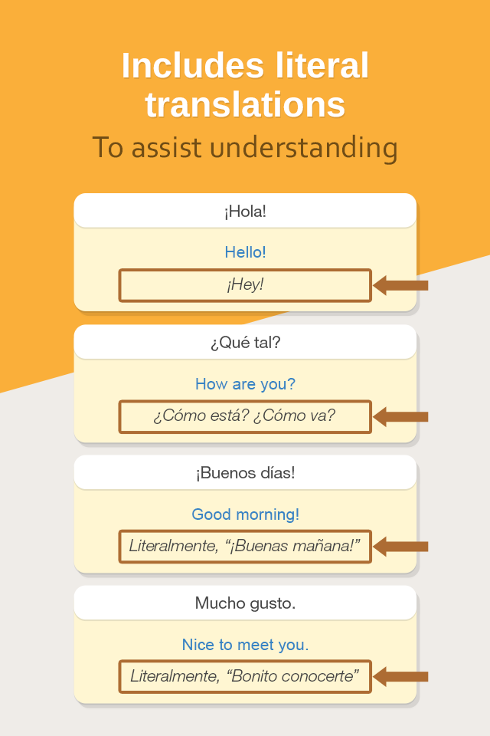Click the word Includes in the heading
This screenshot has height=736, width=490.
193,65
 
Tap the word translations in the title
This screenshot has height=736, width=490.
245,104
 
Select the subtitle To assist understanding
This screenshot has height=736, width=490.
245,147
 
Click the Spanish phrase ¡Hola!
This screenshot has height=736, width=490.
245,212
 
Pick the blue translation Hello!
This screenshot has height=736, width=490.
245,252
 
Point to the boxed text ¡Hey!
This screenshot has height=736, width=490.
245,284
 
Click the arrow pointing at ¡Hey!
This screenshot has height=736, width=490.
400,285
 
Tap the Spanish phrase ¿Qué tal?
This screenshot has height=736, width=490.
245,342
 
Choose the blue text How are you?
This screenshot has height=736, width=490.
245,384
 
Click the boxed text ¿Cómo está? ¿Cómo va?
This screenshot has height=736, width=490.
245,416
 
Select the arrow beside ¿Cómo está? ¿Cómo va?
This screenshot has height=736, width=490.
400,417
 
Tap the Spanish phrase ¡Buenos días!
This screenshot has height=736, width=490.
245,473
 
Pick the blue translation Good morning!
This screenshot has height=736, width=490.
245,514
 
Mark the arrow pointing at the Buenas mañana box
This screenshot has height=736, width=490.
400,547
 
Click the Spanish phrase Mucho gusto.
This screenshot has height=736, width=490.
245,603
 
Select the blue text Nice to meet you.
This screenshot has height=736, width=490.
245,645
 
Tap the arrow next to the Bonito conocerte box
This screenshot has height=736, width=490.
400,676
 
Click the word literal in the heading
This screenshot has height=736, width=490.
322,65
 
